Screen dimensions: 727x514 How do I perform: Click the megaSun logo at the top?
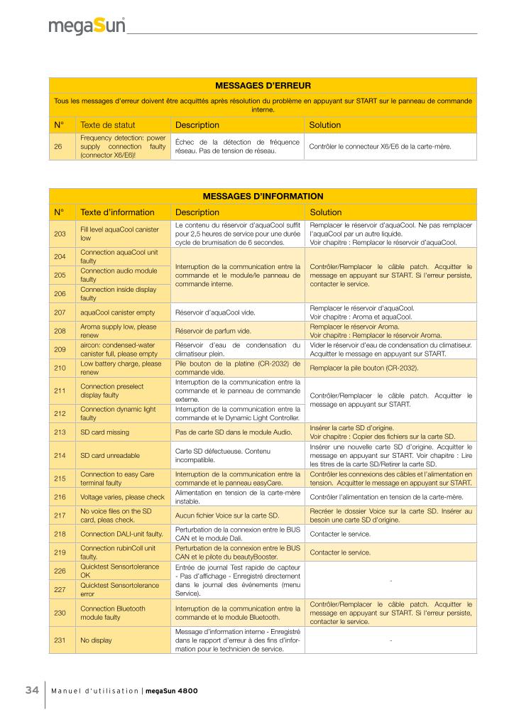coord(87,26)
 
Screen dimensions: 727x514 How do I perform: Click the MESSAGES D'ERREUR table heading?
coord(263,85)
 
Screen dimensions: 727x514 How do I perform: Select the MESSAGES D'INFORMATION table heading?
coord(263,196)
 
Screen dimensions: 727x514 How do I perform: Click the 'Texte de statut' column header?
coord(107,125)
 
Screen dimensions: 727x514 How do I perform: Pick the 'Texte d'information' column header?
coord(117,212)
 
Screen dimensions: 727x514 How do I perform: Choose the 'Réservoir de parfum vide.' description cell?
coord(214,331)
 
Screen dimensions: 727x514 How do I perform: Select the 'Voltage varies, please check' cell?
coord(122,497)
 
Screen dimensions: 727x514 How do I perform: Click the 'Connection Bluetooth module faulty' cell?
coord(113,613)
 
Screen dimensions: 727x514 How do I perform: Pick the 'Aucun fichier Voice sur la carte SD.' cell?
coord(225,515)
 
